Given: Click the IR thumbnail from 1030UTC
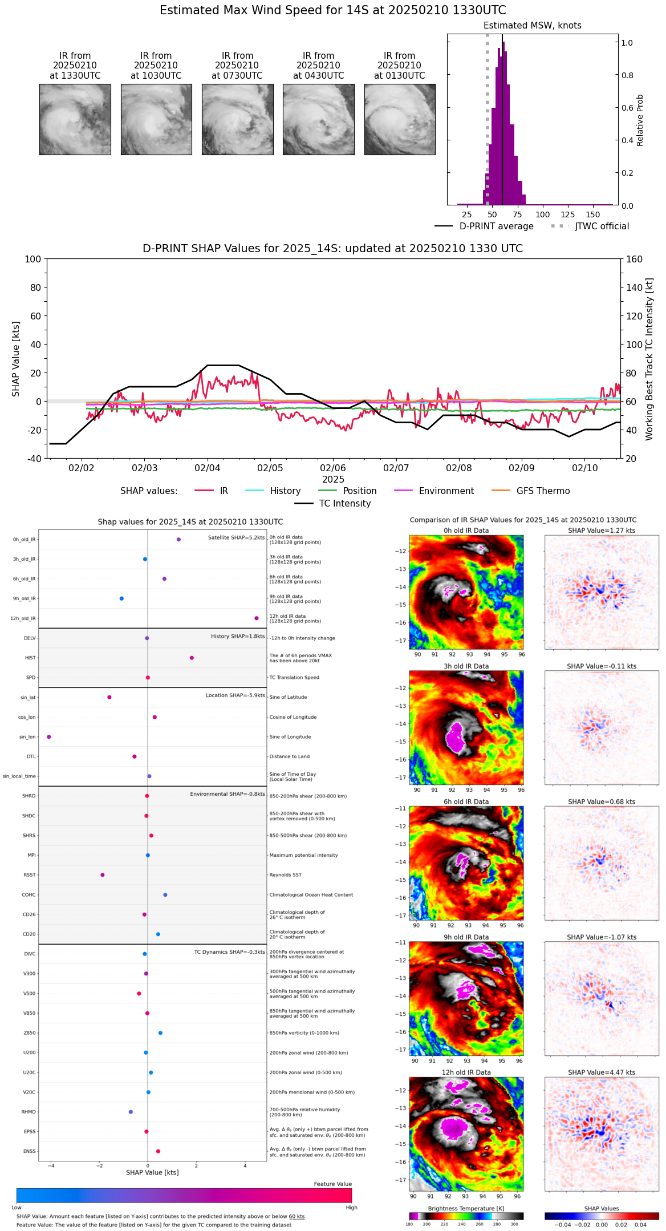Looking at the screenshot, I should (x=156, y=119).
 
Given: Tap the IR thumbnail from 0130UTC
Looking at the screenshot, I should (x=400, y=119).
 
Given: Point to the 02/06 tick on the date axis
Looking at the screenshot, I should (x=333, y=468).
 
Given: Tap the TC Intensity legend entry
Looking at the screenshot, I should (x=334, y=504).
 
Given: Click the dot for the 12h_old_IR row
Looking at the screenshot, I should (x=257, y=618).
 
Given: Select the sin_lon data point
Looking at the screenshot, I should (x=49, y=737).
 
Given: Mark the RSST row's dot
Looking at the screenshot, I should (x=103, y=875).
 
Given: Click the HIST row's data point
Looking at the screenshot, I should (x=192, y=658).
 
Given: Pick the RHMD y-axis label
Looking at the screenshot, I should (x=29, y=1112).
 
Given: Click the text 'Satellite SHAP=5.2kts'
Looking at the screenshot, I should (x=236, y=538).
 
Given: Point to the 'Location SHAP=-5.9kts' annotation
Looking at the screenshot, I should (x=235, y=695).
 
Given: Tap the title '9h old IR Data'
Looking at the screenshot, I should (x=466, y=937).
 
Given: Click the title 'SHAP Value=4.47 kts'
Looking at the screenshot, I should (x=602, y=1072).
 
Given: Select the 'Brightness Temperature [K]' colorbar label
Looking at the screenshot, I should (x=466, y=1208).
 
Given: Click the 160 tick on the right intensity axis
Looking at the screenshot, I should (x=634, y=259).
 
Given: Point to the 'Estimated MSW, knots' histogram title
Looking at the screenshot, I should (x=532, y=26).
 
